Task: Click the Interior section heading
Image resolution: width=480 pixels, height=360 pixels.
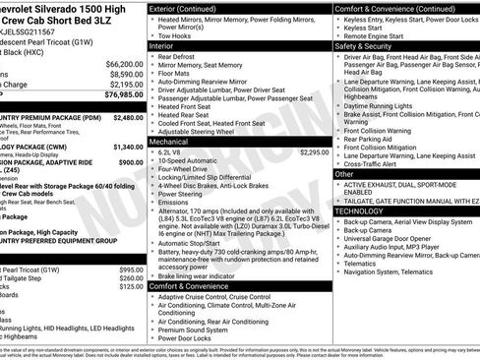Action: (x=163, y=45)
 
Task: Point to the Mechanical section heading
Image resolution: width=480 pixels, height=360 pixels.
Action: (x=169, y=142)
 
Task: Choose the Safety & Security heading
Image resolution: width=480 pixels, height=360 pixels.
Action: (x=363, y=45)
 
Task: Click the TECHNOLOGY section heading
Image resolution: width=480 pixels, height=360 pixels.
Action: (x=361, y=211)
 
